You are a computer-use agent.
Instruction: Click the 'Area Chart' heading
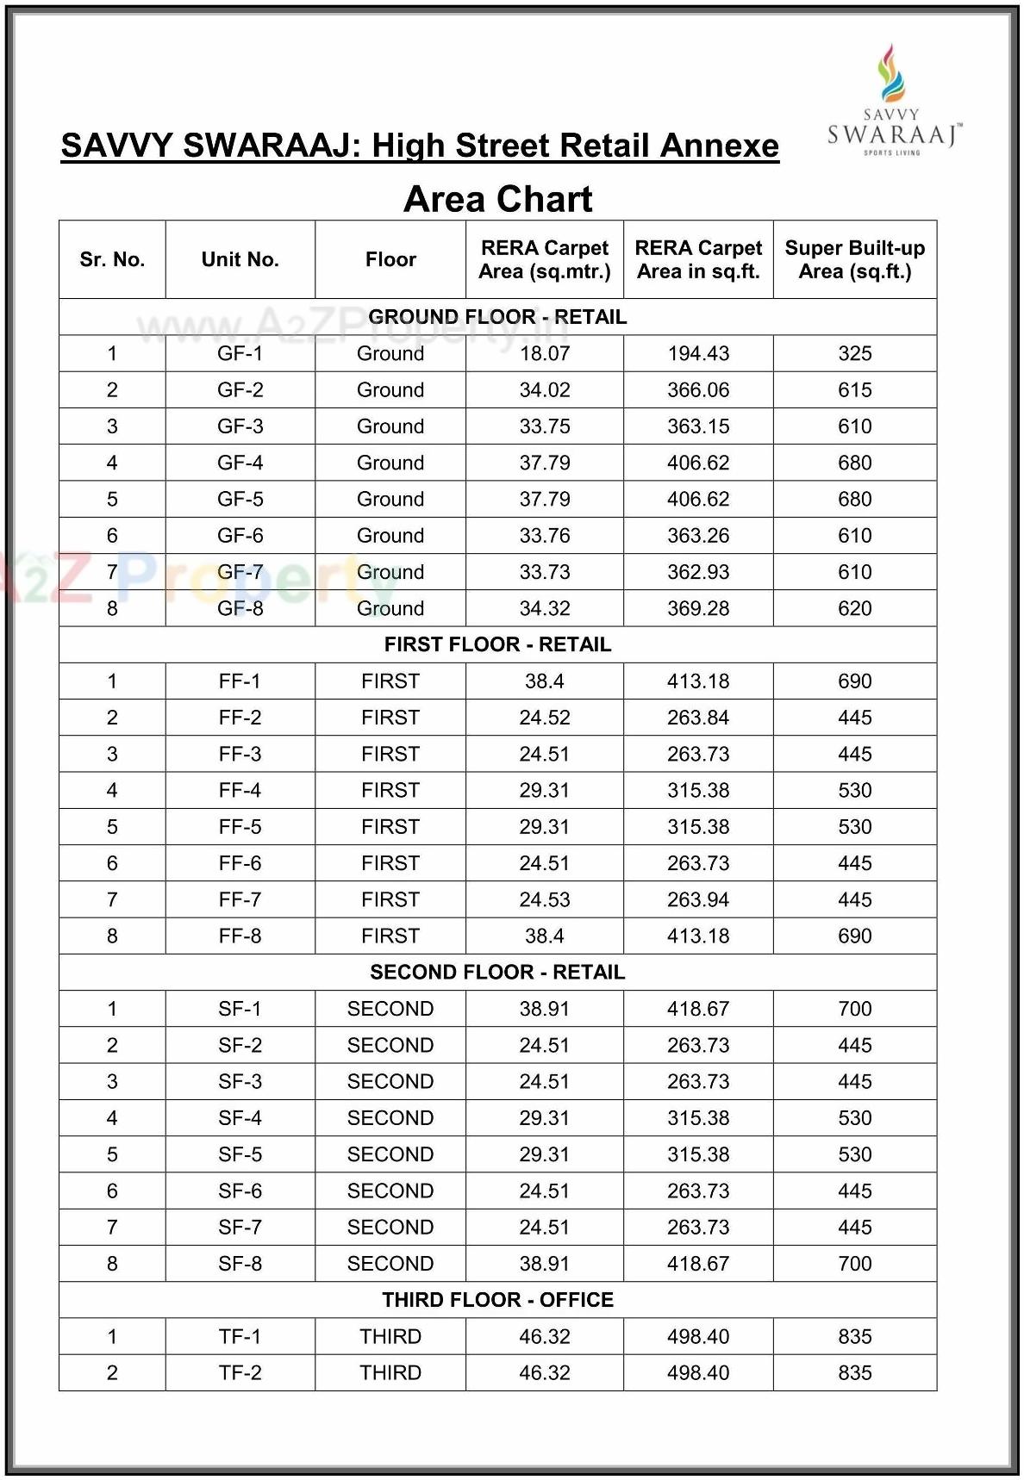coord(497,200)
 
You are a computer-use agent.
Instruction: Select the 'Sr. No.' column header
coord(112,259)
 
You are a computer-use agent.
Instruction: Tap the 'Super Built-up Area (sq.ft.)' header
coord(854,259)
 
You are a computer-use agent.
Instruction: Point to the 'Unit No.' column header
coord(240,259)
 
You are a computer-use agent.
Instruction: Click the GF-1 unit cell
coord(240,353)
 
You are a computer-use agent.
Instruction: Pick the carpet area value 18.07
coord(544,353)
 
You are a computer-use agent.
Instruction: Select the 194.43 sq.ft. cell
coord(697,353)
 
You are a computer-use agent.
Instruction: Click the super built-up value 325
coord(854,353)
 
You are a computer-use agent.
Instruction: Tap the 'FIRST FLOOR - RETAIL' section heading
coord(497,644)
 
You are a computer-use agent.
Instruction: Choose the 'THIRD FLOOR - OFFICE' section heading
coord(497,1300)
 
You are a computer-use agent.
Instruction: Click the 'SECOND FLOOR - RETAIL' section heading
coord(497,973)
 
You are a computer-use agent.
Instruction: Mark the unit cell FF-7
coord(240,899)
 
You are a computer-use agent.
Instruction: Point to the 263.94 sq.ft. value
coord(697,899)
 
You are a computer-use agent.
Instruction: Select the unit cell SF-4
coord(240,1118)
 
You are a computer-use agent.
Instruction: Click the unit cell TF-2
coord(240,1373)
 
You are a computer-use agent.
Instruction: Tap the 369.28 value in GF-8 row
coord(697,608)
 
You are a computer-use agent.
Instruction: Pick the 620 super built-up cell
coord(854,608)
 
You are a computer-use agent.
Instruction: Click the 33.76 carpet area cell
coord(544,536)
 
